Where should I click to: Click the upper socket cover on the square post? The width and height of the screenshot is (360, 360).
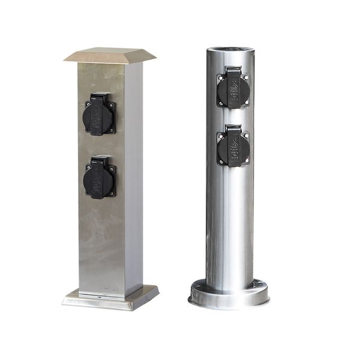point(99,116)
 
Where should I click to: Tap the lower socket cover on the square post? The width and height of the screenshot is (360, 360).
point(100,179)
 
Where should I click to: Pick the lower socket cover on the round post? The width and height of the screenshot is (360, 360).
point(233,148)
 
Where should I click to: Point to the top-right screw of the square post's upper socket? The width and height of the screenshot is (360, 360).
point(113,103)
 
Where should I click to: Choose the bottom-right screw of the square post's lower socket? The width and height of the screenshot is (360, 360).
point(113,193)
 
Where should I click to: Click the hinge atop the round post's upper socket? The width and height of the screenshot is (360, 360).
point(233,70)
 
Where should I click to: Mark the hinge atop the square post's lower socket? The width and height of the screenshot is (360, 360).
point(100,160)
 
